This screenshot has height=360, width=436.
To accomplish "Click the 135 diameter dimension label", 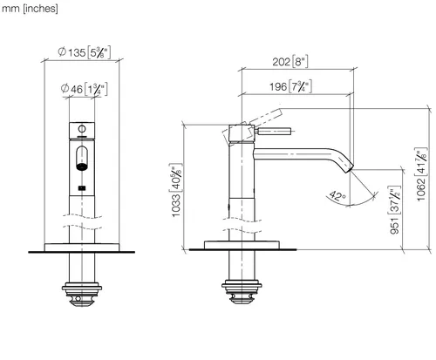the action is (84, 52).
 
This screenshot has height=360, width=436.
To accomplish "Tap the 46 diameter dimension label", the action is (84, 89).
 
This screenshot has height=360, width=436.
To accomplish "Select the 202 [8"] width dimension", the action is (290, 62).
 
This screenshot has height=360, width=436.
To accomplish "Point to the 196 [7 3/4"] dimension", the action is (290, 86).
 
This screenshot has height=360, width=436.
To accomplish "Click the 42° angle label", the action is (337, 196).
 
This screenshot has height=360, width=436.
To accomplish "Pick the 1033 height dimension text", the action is (176, 191).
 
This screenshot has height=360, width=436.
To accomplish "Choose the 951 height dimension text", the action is (394, 210).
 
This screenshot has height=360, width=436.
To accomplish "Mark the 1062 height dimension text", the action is (421, 174).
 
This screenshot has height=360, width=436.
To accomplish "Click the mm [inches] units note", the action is (30, 9).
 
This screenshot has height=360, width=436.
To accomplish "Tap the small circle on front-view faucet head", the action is (82, 128).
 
